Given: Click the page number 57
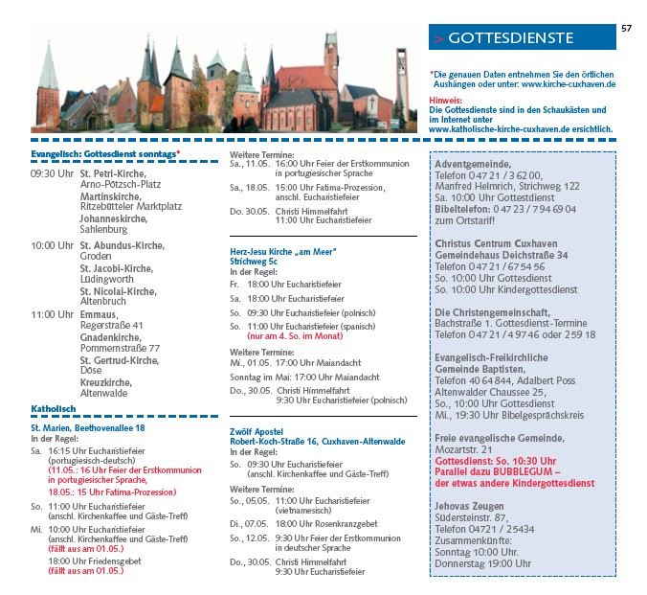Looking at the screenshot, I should tap(627, 28).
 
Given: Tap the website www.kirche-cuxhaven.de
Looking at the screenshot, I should tap(569, 84).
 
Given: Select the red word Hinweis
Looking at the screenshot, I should tap(444, 100).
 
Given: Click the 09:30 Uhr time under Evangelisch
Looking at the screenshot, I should tap(52, 175).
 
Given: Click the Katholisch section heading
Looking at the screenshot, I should tap(53, 409).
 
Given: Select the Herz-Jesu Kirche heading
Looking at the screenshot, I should tap(283, 251).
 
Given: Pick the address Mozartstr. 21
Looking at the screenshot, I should tap(466, 449).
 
